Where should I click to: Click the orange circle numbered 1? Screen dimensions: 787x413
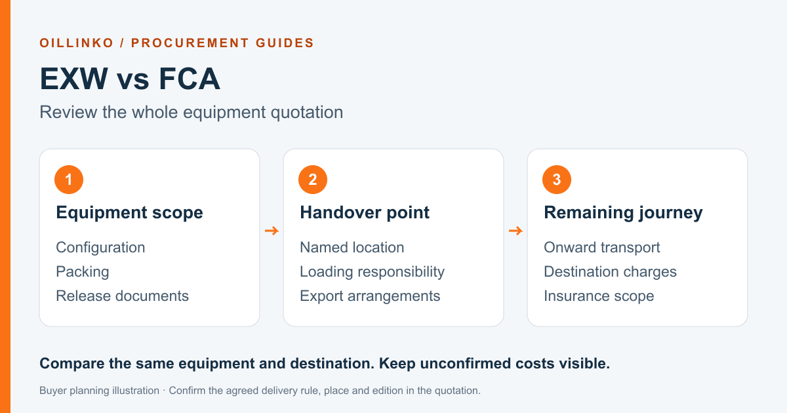(69, 180)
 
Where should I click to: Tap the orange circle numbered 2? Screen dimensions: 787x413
(313, 180)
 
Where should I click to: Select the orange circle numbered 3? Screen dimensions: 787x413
(557, 180)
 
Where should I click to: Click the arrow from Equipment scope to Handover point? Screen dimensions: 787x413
(272, 231)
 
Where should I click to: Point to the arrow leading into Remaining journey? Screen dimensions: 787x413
(515, 231)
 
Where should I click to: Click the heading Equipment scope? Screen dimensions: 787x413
(129, 213)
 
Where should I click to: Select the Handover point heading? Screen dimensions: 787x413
(365, 213)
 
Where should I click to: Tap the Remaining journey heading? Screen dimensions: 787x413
(623, 213)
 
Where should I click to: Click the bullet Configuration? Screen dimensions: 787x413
(100, 248)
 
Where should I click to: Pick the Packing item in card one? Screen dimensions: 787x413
(83, 272)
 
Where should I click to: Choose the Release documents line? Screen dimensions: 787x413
(122, 296)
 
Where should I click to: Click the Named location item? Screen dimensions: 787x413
(352, 247)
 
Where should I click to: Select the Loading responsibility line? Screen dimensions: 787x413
(372, 272)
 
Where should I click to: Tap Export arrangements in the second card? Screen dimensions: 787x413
(370, 296)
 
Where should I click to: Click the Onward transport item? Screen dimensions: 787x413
(602, 248)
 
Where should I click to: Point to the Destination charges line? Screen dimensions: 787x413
(610, 272)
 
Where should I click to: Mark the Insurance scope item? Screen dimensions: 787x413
(599, 296)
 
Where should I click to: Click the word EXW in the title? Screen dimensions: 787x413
(73, 79)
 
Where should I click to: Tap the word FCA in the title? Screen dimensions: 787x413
(190, 79)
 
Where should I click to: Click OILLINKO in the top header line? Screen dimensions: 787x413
(77, 43)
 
